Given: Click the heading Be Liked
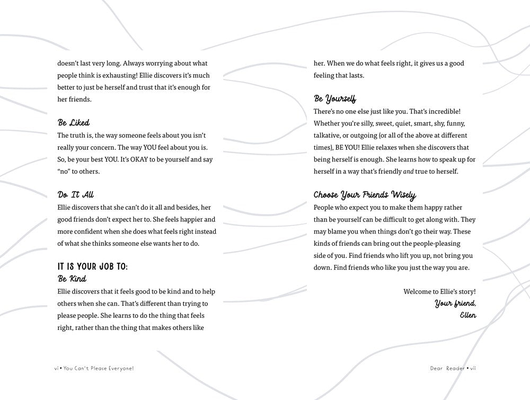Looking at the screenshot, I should coord(74,123).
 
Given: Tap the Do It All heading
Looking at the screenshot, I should coord(76,195).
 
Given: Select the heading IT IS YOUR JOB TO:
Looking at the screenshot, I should coord(92,266).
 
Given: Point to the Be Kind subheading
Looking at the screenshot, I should coord(72,279).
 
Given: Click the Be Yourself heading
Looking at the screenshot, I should coord(335,99).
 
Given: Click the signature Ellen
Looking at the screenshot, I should coord(468,315).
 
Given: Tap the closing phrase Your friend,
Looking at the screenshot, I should coord(455,304).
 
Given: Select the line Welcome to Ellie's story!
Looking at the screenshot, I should coord(439,291).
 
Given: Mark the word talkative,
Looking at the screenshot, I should coord(329,135).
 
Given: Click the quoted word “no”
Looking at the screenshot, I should coord(66,171).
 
